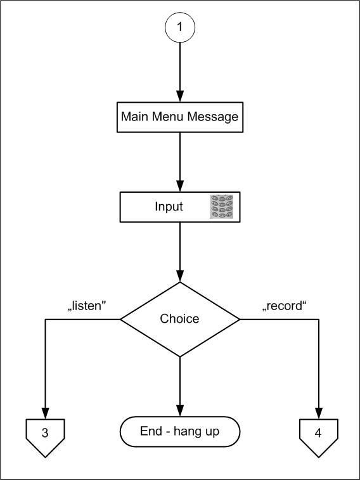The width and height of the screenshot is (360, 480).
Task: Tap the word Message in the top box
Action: click(x=212, y=117)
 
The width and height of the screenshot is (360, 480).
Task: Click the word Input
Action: click(x=169, y=207)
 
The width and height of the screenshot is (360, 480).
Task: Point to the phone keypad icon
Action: click(x=221, y=207)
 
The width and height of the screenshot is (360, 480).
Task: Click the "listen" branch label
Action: click(x=87, y=306)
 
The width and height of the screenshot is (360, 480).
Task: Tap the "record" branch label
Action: click(x=285, y=306)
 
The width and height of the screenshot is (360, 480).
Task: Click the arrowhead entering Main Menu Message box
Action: click(x=180, y=96)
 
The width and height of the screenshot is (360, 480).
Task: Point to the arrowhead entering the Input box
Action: click(x=180, y=186)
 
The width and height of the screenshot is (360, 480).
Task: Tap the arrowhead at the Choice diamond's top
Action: click(x=180, y=276)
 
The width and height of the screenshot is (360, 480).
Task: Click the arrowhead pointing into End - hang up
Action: click(x=180, y=411)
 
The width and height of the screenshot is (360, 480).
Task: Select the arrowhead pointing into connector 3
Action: click(x=45, y=413)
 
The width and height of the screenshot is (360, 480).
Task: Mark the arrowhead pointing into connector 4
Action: click(x=319, y=413)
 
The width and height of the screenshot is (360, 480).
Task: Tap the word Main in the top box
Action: click(x=134, y=116)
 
